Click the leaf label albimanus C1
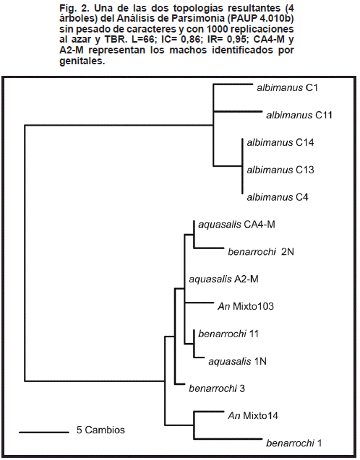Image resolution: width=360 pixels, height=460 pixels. (287, 87)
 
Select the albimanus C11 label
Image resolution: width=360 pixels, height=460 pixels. (299, 115)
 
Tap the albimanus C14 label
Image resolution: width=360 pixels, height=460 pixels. (280, 142)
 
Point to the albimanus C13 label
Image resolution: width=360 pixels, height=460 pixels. (280, 170)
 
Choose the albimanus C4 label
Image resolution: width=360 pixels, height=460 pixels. (277, 197)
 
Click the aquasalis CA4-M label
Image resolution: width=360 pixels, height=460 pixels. (236, 225)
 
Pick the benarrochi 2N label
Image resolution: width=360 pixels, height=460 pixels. (261, 252)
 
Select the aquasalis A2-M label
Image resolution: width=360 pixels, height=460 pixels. (223, 279)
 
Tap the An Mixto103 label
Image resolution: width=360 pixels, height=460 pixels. (246, 307)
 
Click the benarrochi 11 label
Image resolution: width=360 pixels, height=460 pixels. (228, 334)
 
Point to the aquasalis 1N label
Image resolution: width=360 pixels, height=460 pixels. (237, 361)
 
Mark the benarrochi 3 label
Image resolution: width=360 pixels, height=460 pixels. (217, 389)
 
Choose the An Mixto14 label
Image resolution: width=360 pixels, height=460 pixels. (253, 416)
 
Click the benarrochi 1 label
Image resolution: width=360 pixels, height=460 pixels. (293, 443)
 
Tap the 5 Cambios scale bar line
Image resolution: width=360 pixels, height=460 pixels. (44, 432)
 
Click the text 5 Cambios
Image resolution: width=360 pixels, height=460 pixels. (100, 430)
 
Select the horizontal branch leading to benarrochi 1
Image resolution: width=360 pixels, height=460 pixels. (228, 439)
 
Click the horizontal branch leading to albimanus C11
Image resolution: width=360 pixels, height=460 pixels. (238, 111)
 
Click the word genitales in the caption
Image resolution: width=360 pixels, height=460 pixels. (82, 61)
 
